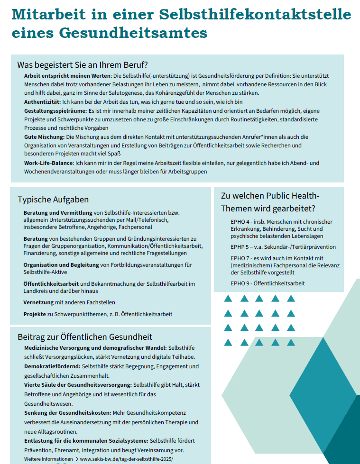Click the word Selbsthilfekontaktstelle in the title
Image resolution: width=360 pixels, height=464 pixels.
click(x=265, y=15)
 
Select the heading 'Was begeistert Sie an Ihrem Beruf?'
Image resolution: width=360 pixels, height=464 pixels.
click(x=83, y=65)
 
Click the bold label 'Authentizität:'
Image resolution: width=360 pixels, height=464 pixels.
click(x=42, y=102)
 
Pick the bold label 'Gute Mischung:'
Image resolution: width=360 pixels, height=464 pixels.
click(x=44, y=136)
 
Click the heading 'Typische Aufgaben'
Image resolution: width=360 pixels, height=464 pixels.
click(x=53, y=200)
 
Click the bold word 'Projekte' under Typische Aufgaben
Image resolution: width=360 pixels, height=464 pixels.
click(x=35, y=314)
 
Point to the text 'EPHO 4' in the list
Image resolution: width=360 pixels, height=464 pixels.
click(x=240, y=222)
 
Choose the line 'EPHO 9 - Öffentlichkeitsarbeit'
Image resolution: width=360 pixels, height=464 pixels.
click(x=268, y=283)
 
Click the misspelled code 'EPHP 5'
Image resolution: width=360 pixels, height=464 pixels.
click(x=240, y=247)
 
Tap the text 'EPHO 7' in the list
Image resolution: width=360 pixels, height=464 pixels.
click(x=240, y=258)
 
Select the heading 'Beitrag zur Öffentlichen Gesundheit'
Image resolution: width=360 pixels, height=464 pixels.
click(x=85, y=337)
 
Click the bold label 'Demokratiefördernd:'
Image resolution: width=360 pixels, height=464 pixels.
click(x=52, y=366)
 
